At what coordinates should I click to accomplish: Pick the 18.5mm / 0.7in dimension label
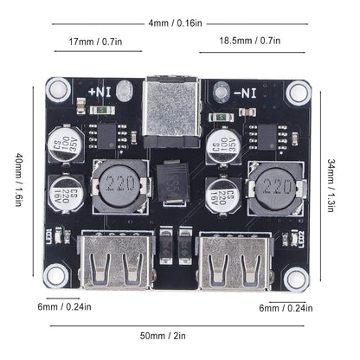[248, 41]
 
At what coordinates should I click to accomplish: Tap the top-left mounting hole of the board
[58, 87]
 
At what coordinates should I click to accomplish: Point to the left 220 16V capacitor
[67, 194]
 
